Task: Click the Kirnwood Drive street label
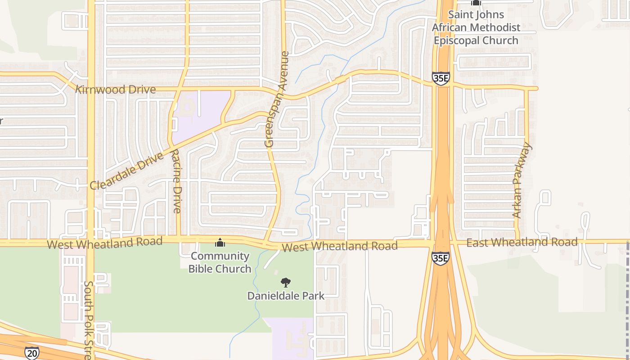coord(116,90)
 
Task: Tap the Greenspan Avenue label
coord(276,99)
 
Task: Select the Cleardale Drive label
coord(126,172)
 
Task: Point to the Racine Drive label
coord(176,181)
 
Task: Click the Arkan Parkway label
coord(522,180)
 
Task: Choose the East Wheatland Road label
coord(522,243)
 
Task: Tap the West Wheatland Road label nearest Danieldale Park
coord(340,246)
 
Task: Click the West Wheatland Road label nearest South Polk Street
coord(104,243)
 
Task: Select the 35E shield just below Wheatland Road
coord(440,258)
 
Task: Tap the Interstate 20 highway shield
coord(31,353)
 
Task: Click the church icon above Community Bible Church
coord(220,243)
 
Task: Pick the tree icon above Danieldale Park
coord(285,283)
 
